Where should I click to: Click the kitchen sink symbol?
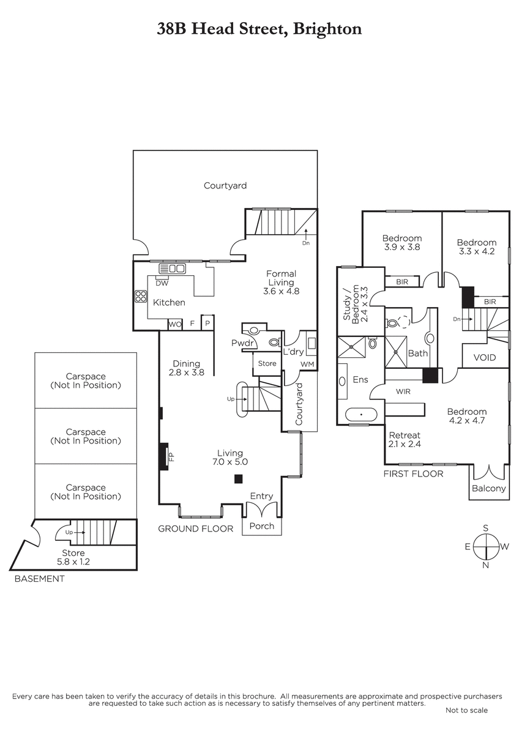click(x=172, y=269)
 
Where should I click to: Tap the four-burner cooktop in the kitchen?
click(x=141, y=297)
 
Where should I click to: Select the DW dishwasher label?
click(x=162, y=283)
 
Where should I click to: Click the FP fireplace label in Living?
click(x=171, y=456)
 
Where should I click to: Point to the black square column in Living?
click(x=238, y=479)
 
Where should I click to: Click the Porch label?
click(x=261, y=526)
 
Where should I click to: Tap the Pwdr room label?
click(x=242, y=343)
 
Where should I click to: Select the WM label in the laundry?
click(x=307, y=364)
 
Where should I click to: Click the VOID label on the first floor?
click(x=485, y=357)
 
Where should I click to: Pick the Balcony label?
click(x=488, y=488)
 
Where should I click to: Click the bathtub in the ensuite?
click(x=361, y=414)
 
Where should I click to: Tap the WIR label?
click(x=403, y=391)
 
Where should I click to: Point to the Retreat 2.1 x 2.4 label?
click(x=405, y=439)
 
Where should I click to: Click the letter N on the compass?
click(x=485, y=565)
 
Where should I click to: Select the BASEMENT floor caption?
click(x=39, y=579)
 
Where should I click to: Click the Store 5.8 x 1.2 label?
click(x=73, y=557)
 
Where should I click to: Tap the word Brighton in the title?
click(x=327, y=29)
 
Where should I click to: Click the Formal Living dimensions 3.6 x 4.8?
click(x=282, y=291)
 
